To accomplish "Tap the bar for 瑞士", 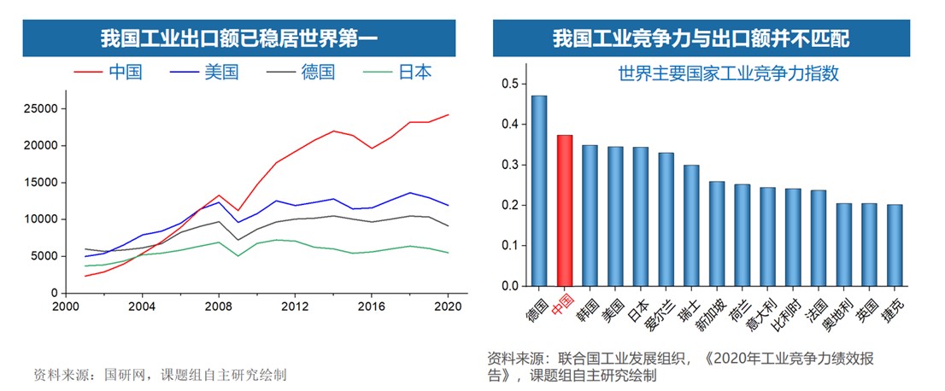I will click(691, 225).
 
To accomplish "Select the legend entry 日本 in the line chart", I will click(414, 72).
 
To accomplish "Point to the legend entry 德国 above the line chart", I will click(318, 72).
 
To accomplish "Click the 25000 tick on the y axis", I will click(40, 108).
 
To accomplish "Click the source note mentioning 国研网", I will click(160, 374).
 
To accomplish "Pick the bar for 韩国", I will click(590, 215).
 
